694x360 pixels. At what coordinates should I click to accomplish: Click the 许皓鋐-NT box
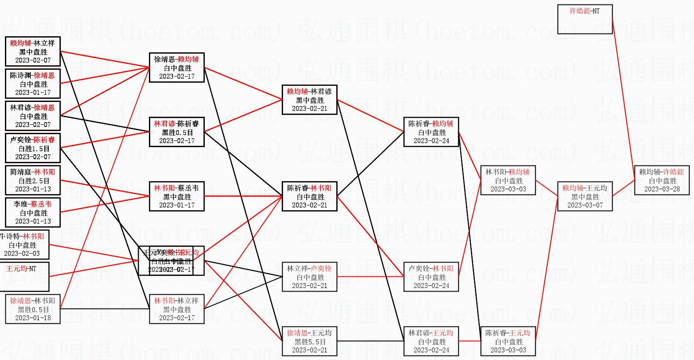585,19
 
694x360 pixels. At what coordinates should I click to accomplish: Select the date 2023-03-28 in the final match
662,189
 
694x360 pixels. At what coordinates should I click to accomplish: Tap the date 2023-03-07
584,205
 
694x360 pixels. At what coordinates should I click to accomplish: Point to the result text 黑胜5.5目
309,342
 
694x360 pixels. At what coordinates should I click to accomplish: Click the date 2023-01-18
33,318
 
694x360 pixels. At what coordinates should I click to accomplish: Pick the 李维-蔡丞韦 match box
33,212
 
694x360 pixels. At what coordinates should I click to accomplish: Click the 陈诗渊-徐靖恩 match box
33,84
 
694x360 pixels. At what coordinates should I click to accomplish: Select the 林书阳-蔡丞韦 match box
177,196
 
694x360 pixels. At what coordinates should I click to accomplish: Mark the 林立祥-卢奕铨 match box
309,277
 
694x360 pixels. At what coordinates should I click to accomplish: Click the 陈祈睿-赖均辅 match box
431,132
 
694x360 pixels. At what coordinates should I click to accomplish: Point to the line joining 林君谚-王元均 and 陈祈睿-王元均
470,342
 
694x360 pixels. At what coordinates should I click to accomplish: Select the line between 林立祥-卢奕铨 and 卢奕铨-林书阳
370,276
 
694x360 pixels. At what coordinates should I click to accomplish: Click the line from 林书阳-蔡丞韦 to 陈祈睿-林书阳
243,196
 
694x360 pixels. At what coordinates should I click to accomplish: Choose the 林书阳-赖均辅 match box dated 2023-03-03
508,180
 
